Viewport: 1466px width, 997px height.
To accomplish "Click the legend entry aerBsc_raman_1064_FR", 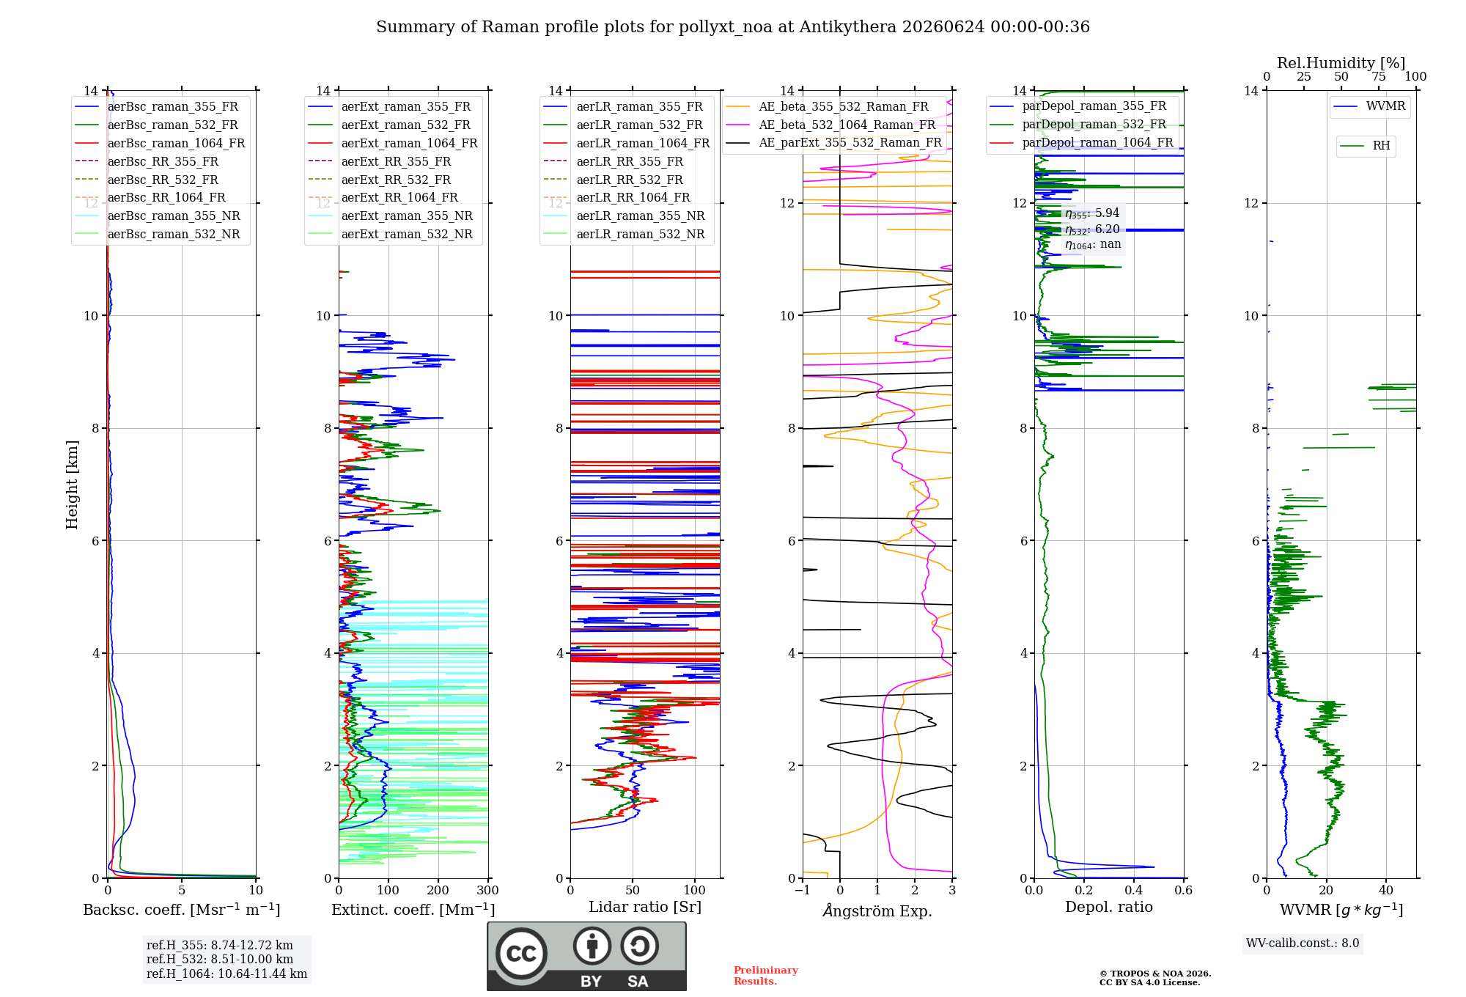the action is [x=160, y=144].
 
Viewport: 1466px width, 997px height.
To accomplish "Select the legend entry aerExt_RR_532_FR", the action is [x=380, y=180].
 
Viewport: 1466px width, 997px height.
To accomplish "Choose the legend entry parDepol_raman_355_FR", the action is [x=1078, y=106].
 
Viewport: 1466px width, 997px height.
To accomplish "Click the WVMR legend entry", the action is [x=1369, y=106].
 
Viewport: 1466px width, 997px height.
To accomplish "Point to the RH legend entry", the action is [x=1365, y=146].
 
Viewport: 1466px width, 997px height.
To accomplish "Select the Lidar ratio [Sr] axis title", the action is [x=645, y=907].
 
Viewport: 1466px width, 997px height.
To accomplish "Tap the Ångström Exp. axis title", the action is [x=877, y=910].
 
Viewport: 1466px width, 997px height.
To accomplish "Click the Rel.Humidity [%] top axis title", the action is [x=1341, y=63].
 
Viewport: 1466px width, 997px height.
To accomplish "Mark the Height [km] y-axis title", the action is [x=72, y=485].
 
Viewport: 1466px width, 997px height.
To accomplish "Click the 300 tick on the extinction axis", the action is [x=487, y=890].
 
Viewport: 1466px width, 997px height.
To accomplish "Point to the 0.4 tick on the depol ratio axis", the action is [x=1134, y=890].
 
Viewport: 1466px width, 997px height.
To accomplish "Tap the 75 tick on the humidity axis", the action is [x=1379, y=77].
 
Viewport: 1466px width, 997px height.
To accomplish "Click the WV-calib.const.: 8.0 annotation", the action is [x=1303, y=943].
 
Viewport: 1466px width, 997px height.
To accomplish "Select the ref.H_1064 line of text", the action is [x=226, y=974].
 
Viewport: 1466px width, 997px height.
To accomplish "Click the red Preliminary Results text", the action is [x=766, y=976].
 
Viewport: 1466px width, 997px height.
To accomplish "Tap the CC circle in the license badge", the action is [x=521, y=953].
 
